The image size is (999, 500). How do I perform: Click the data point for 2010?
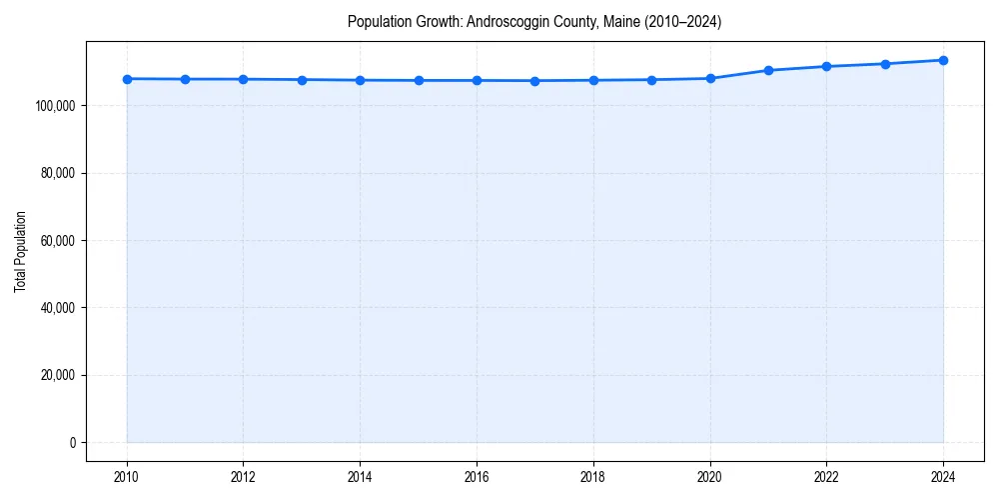click(x=127, y=79)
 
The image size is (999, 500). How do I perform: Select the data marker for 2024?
click(x=943, y=60)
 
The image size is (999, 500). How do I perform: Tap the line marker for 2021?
click(x=768, y=70)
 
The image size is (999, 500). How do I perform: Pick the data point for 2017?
click(x=534, y=81)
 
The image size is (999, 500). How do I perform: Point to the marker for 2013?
click(x=302, y=80)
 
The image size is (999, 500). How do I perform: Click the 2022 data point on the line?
click(x=826, y=66)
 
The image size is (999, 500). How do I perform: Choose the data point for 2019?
click(x=651, y=80)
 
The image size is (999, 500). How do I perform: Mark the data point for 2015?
click(x=419, y=80)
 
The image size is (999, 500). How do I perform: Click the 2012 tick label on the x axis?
click(x=244, y=476)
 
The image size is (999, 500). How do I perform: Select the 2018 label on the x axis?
click(x=593, y=476)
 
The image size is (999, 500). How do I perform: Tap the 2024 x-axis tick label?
click(x=943, y=476)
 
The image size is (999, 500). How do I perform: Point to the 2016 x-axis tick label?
click(x=477, y=476)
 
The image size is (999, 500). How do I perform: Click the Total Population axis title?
click(x=20, y=251)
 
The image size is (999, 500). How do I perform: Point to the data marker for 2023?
click(x=885, y=64)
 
